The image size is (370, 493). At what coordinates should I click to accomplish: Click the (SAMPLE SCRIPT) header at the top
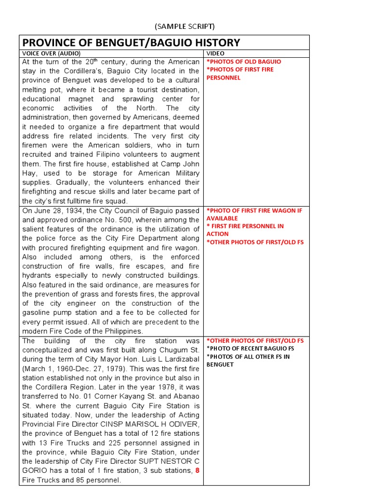pos(185,26)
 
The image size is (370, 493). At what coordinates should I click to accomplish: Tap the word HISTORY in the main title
pos(213,42)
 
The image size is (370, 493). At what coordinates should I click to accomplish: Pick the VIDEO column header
pos(215,53)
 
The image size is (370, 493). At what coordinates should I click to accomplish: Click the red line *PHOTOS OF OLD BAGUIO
pos(244,62)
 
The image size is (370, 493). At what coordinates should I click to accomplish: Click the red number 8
pos(197,470)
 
